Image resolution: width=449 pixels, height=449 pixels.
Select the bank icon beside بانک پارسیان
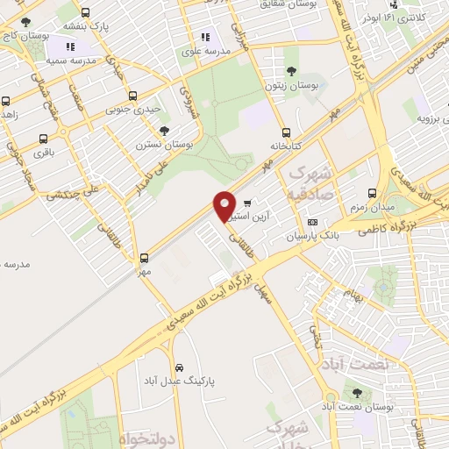tap(313, 224)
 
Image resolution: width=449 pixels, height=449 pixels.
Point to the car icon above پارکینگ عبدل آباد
tap(179, 367)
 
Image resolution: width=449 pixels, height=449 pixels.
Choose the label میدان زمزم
tap(372, 207)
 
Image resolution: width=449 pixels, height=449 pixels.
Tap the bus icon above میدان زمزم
tap(372, 193)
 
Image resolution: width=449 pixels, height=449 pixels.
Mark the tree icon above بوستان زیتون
tap(291, 71)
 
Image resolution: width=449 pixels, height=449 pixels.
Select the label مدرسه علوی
tap(205, 52)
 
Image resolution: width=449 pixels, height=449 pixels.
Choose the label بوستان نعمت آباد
tap(354, 407)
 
